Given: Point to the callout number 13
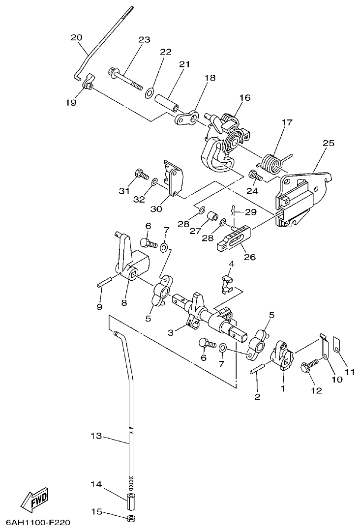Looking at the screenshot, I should [96, 436].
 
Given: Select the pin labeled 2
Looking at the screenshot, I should [260, 368].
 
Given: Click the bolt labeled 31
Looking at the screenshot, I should [140, 173].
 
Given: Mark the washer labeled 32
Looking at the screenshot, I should [154, 182].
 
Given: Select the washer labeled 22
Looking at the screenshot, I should [149, 92].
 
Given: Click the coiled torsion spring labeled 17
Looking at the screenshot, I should [270, 163].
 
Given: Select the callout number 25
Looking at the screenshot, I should [329, 144].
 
